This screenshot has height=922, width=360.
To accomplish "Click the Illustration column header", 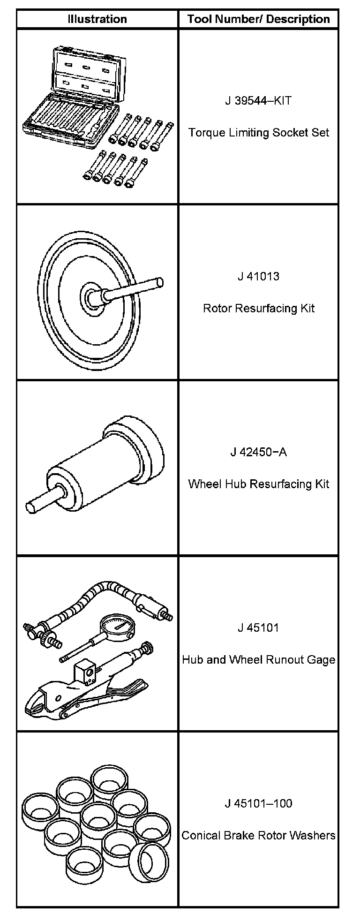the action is point(97,19).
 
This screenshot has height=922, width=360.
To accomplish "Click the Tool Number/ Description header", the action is point(258,19).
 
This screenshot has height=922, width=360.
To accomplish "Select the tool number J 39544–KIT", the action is point(258,101).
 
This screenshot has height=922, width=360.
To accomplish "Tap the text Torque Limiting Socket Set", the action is point(258,133).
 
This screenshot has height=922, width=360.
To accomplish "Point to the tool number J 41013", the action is point(258,276).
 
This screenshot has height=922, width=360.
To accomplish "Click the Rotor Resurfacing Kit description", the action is point(258,308).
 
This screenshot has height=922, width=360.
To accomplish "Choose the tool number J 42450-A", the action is point(258,452).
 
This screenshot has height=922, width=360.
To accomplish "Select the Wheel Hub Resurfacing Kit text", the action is point(258,484).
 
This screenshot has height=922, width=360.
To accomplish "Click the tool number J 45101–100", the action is point(258,803).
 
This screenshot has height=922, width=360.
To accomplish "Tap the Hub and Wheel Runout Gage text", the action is point(258,660).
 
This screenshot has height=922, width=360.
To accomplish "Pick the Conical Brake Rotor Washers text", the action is point(258,835).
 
